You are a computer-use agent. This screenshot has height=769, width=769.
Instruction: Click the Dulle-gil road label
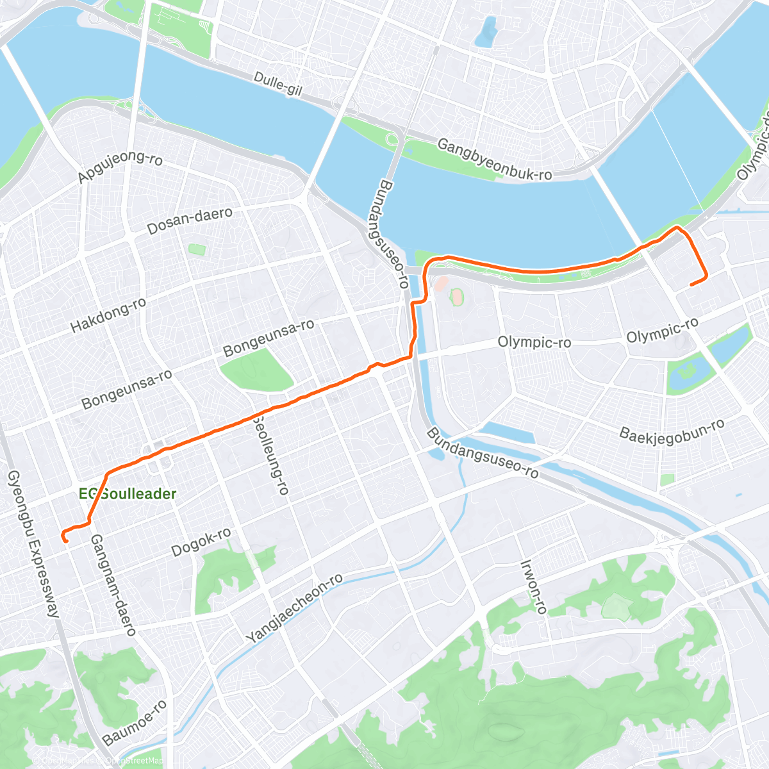point(277,83)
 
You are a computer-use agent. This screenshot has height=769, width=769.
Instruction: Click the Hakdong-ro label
point(108,315)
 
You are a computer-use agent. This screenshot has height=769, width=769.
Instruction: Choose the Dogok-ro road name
point(201,542)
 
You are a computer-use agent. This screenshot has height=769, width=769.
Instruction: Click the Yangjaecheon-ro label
point(294,608)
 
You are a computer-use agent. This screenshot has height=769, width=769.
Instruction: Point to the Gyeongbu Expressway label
point(33,544)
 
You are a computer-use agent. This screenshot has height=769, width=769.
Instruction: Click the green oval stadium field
point(457,297)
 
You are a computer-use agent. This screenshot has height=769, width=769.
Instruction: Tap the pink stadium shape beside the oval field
point(441,283)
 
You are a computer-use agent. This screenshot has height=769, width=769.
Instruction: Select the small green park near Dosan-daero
point(197,249)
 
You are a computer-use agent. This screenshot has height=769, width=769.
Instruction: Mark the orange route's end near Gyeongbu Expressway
point(65,541)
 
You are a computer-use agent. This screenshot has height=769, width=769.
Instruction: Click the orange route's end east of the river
point(691,284)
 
